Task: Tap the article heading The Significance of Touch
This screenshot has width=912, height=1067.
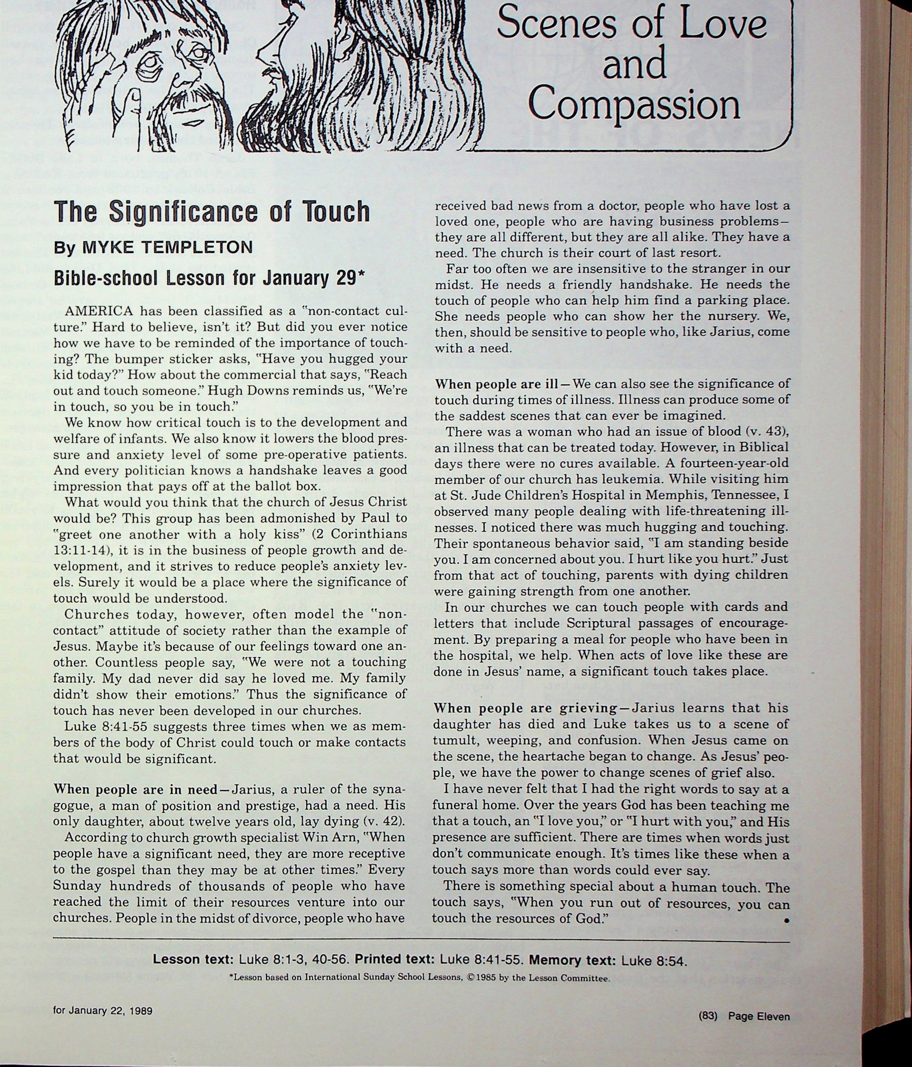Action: [212, 211]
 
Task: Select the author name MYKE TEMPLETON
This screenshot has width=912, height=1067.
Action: [167, 248]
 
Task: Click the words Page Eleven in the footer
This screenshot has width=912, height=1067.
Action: [759, 1016]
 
